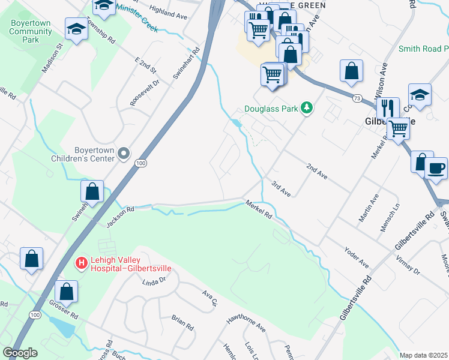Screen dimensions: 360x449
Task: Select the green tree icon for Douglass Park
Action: (307, 108)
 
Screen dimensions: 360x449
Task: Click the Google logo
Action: (20, 353)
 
